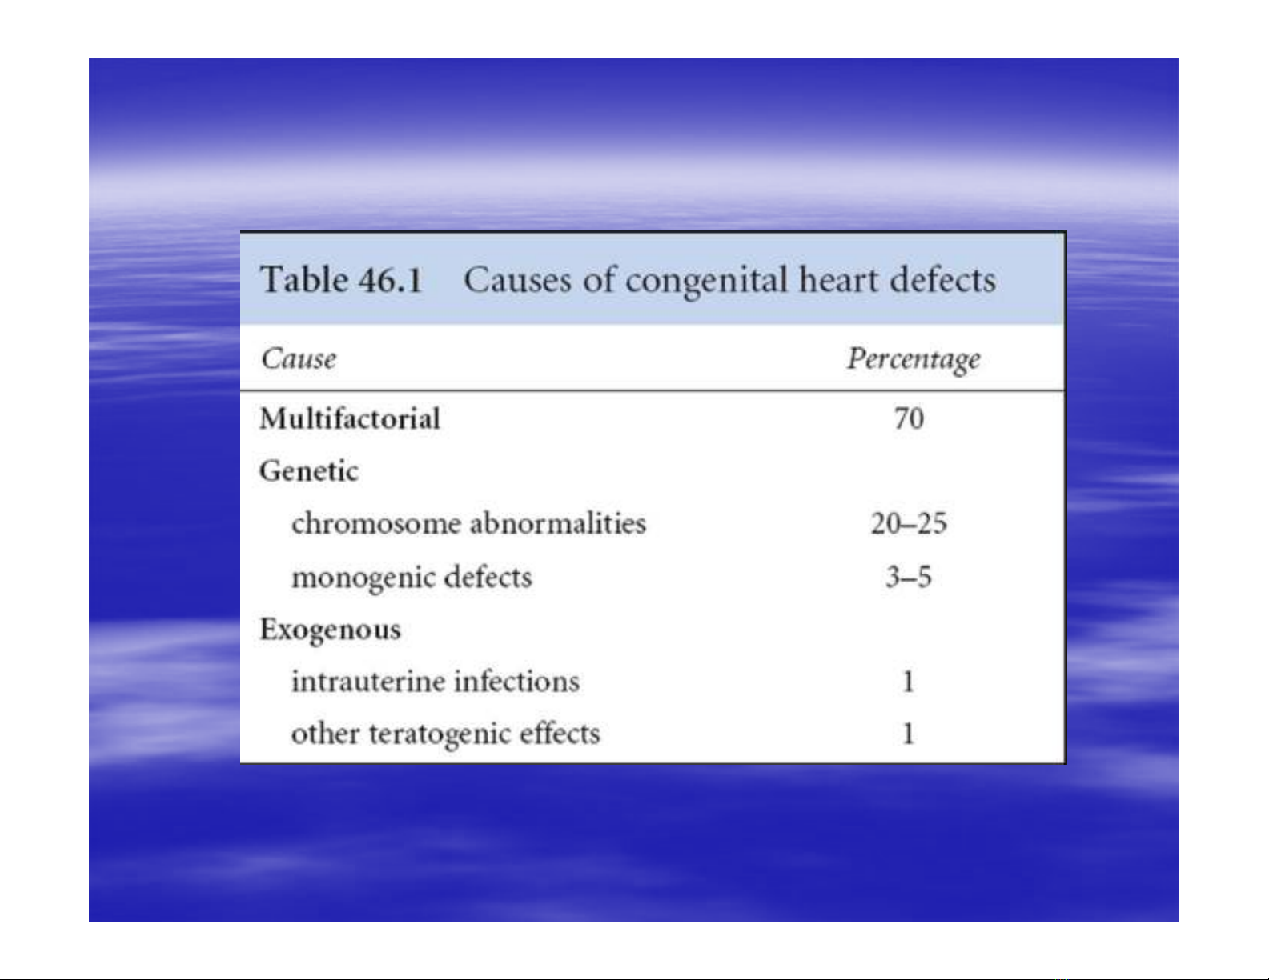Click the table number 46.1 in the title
(390, 279)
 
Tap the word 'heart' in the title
(839, 279)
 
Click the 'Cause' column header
(299, 358)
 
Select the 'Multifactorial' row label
(350, 418)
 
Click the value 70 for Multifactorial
(909, 419)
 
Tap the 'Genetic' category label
(309, 470)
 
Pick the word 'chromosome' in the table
(376, 522)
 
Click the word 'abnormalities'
(558, 522)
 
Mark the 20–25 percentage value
(909, 523)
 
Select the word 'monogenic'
(363, 578)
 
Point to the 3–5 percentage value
(909, 577)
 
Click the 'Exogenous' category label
(331, 630)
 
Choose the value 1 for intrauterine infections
(908, 682)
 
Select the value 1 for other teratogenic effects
(908, 734)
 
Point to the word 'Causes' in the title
(517, 279)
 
